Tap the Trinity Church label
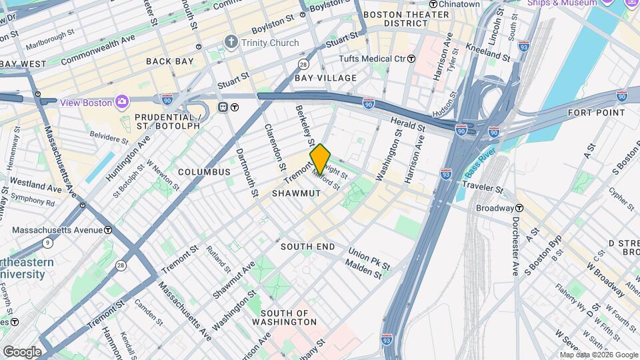270,43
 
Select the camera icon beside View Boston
122,102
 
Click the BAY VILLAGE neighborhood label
326,78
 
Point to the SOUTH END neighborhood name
307,247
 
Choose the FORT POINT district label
597,113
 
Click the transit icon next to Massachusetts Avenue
108,230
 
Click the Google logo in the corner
22,351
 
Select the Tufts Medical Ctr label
372,59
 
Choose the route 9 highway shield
47,243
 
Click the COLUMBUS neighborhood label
203,172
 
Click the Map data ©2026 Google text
597,355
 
